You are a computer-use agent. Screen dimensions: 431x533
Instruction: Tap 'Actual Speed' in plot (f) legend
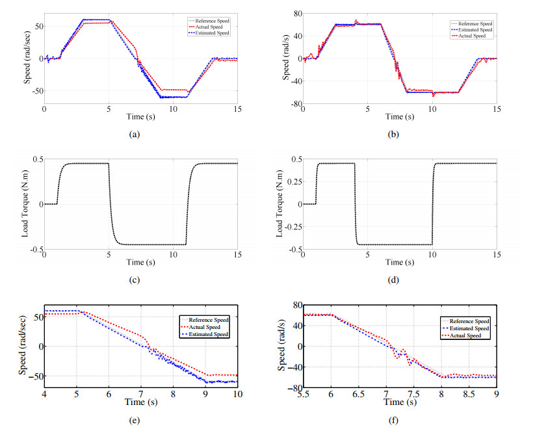click(x=466, y=336)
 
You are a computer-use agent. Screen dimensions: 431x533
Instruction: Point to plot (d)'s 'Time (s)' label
click(x=400, y=262)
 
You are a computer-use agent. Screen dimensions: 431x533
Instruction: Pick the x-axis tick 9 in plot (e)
click(x=205, y=393)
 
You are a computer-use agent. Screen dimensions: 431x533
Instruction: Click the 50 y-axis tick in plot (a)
click(x=36, y=27)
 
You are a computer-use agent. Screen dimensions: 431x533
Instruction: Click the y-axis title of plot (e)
click(x=25, y=348)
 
